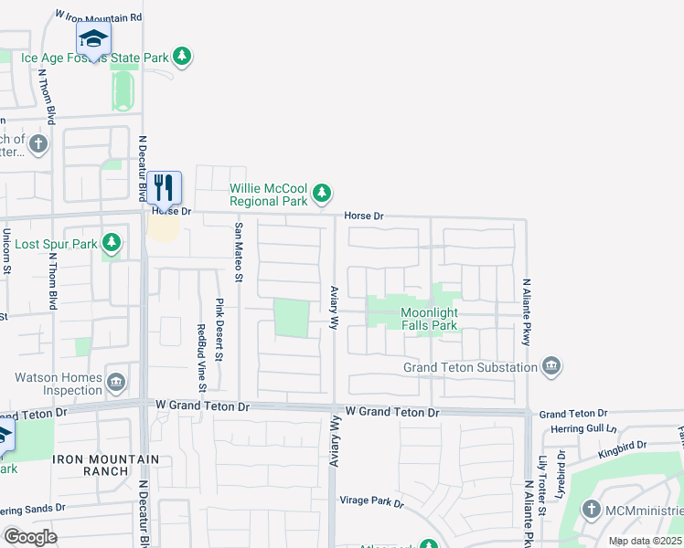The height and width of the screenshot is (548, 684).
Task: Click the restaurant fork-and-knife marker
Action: tap(165, 188)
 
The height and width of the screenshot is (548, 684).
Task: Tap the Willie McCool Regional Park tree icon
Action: tap(321, 192)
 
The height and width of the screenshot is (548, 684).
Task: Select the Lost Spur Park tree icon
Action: tap(111, 243)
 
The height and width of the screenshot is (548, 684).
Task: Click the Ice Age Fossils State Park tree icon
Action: tap(183, 57)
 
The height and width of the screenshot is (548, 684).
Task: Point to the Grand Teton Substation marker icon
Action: tap(551, 366)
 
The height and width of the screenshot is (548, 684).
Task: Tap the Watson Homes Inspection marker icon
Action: tap(116, 382)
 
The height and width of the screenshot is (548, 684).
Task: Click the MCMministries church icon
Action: tap(592, 510)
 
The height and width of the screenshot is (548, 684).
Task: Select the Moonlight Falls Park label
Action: tap(429, 319)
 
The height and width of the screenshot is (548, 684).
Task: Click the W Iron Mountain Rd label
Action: tap(99, 16)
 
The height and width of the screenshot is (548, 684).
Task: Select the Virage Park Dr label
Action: tap(371, 501)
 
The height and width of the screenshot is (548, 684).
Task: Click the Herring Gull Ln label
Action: tap(585, 428)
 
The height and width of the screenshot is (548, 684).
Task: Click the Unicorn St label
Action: tap(6, 252)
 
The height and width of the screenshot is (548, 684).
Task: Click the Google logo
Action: tap(30, 537)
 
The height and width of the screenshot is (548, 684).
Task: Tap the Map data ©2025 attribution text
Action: tap(644, 541)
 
